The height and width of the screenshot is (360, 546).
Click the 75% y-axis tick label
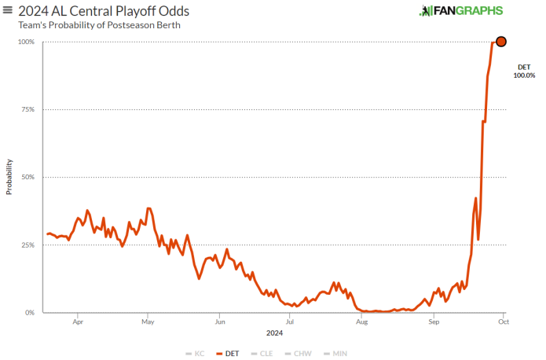pyautogui.click(x=27, y=109)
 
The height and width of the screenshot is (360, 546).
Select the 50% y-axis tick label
pyautogui.click(x=27, y=177)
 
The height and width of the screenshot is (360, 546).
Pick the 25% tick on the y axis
pyautogui.click(x=27, y=245)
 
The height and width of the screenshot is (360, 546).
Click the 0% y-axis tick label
pyautogui.click(x=29, y=313)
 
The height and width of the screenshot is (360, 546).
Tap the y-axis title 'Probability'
pyautogui.click(x=9, y=178)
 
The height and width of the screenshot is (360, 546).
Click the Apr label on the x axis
pyautogui.click(x=78, y=321)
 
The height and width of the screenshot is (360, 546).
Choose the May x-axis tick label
pyautogui.click(x=148, y=321)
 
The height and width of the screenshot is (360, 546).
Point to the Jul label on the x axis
pyautogui.click(x=290, y=321)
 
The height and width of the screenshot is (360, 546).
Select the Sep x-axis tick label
pyautogui.click(x=434, y=321)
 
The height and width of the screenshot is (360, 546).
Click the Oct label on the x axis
pyautogui.click(x=504, y=321)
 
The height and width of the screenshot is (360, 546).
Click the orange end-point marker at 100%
pyautogui.click(x=500, y=42)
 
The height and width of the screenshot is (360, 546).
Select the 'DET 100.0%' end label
pyautogui.click(x=524, y=72)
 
